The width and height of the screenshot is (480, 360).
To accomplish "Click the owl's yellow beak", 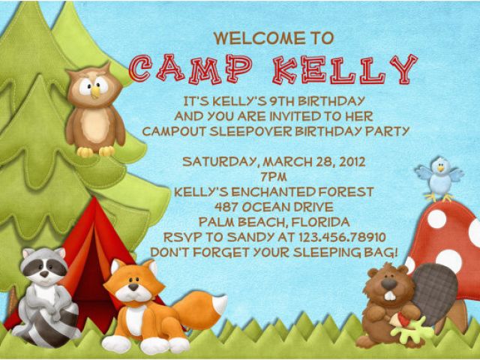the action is tap(95, 91).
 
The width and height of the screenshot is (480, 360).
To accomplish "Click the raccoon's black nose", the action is tap(44, 274).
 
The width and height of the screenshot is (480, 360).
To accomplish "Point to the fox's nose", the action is tap(133, 286).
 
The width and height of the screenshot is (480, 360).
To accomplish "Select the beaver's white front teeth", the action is tap(389, 296).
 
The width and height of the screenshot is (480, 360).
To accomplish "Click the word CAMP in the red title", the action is tap(190, 70).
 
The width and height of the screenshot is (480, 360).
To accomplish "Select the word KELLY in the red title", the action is tap(345, 70).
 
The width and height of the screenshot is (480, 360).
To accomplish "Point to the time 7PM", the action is tap(274, 177).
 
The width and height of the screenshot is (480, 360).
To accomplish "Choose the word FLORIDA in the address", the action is tap(320, 222).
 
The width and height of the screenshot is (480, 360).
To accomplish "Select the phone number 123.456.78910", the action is tap(342, 237).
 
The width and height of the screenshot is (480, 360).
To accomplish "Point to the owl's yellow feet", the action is tap(95, 151).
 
